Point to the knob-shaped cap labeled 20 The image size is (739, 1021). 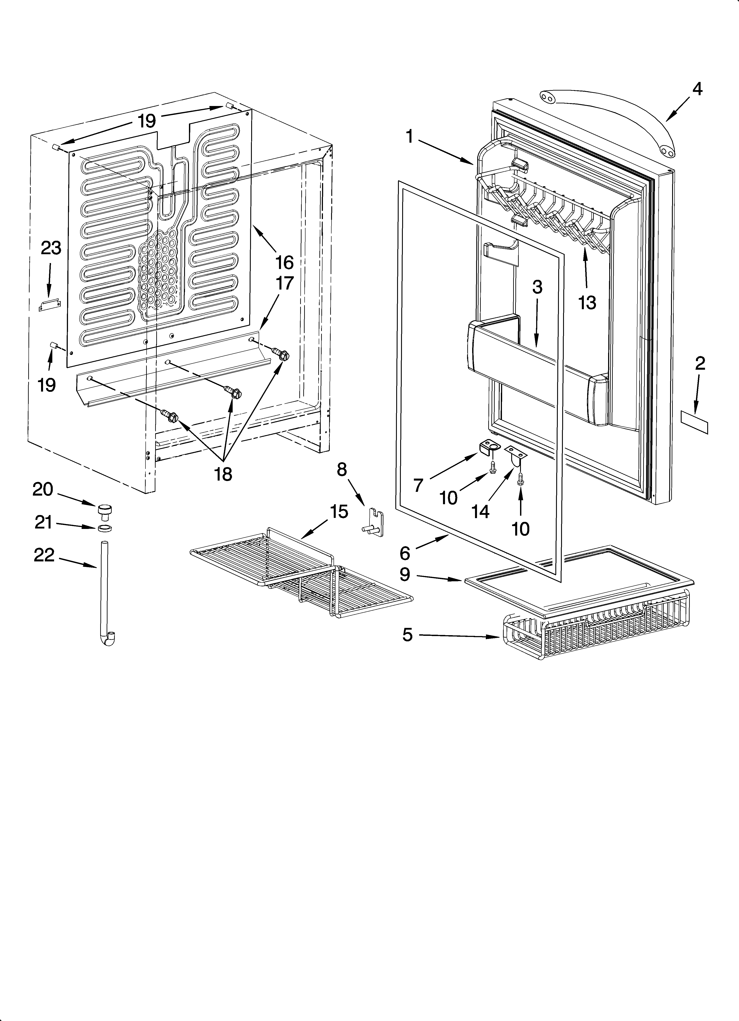(104, 511)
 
